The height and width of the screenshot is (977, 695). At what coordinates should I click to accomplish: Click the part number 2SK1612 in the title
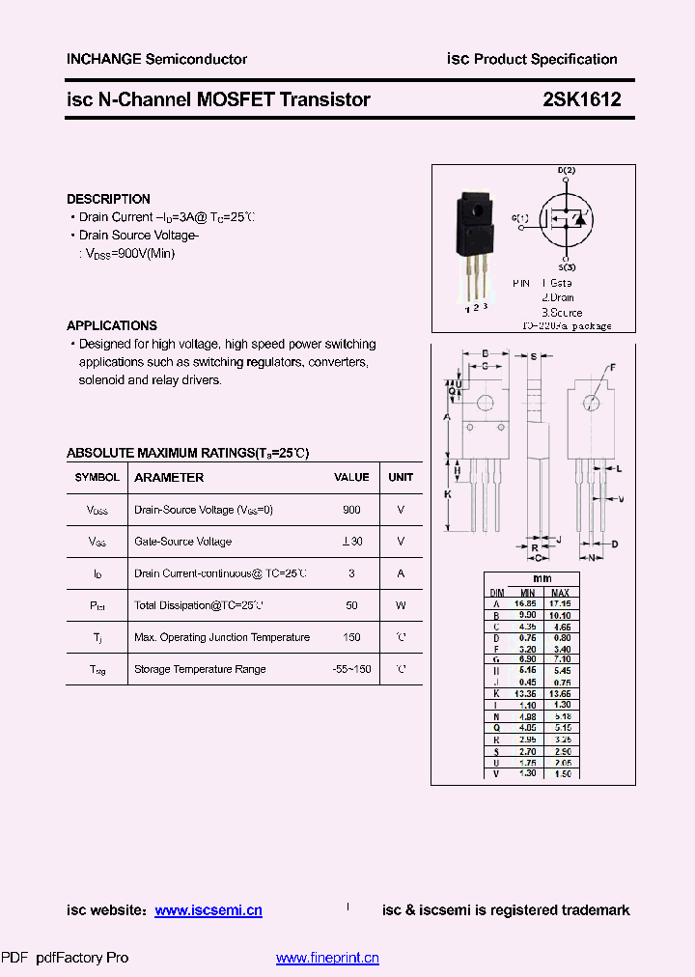click(581, 99)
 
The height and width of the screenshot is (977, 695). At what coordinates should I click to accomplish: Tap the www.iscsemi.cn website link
click(208, 910)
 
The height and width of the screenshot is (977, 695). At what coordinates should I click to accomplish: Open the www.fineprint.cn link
click(327, 958)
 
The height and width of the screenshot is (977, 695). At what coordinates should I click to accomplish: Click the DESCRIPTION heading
click(108, 199)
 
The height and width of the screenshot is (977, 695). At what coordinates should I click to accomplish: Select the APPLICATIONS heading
click(112, 325)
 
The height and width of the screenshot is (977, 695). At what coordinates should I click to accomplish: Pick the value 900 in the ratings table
click(351, 510)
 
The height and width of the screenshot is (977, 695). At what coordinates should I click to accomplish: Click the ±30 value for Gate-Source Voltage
click(351, 542)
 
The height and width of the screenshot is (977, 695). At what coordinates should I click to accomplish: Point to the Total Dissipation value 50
click(351, 605)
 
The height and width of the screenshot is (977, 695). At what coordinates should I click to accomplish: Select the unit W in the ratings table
click(401, 605)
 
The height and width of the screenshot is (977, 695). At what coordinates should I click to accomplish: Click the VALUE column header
click(351, 477)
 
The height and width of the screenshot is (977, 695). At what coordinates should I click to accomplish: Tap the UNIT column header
click(401, 477)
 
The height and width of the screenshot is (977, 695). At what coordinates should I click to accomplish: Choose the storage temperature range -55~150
click(350, 669)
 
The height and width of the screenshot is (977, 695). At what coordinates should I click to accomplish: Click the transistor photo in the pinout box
click(475, 241)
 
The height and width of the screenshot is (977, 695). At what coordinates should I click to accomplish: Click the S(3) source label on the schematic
click(567, 266)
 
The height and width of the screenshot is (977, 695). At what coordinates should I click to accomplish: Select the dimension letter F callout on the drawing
click(611, 367)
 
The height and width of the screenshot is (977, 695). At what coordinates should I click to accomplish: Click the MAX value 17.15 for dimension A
click(560, 603)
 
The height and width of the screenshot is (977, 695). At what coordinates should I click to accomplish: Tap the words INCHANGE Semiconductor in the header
click(156, 59)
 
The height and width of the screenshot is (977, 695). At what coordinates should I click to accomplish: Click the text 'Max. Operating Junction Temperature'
click(222, 637)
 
